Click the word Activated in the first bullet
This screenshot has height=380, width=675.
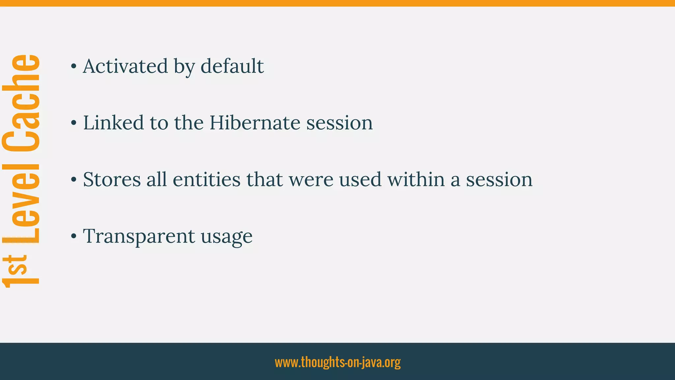(125, 66)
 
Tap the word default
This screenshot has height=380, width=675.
(232, 66)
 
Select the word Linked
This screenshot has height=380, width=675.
(113, 123)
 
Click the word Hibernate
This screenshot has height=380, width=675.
(255, 123)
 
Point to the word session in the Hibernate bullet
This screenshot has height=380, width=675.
(339, 123)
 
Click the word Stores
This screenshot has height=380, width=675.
(112, 179)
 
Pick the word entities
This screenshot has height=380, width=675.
(207, 179)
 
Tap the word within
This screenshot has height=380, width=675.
(416, 179)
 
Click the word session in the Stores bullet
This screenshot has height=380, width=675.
(499, 179)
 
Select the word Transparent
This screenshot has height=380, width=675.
(139, 236)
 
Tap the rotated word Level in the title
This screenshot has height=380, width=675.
(21, 203)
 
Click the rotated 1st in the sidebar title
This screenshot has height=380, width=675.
(20, 270)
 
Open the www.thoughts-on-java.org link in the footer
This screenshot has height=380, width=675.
(337, 362)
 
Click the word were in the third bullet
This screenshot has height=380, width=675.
(311, 179)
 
